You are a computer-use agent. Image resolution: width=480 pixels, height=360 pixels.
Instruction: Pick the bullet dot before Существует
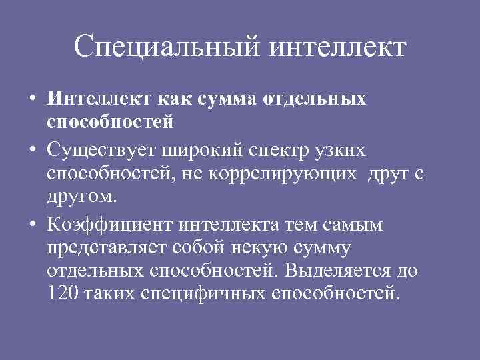click(33, 151)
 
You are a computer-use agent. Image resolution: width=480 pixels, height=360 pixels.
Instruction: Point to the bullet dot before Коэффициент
click(33, 226)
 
